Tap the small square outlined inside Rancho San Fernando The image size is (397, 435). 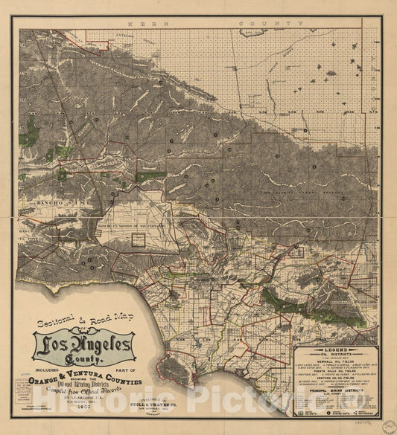pyautogui.click(x=139, y=239)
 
